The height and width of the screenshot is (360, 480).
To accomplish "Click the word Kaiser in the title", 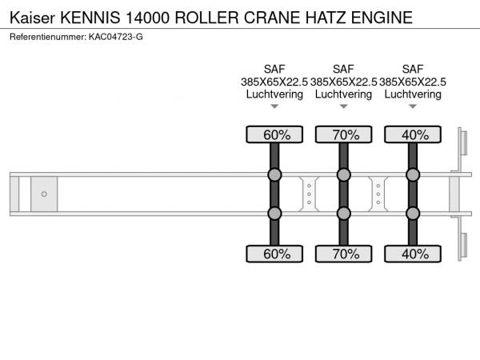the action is (32, 18).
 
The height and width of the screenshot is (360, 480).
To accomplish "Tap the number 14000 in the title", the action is (147, 18).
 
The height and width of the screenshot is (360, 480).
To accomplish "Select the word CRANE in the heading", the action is (272, 18).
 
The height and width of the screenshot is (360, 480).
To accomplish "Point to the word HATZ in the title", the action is (326, 18).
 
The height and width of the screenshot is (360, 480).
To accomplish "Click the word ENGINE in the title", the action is (382, 18).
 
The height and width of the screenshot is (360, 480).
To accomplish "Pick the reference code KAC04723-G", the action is (116, 37).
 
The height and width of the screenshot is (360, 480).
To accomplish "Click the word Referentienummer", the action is (48, 37).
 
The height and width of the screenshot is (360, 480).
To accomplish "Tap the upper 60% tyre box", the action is (274, 134).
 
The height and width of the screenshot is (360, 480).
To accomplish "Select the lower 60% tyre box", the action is (274, 254).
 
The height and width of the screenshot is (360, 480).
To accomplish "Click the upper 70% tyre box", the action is (344, 134).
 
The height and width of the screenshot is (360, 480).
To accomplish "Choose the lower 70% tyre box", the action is (344, 254).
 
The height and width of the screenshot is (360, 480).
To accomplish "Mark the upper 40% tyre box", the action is (413, 134).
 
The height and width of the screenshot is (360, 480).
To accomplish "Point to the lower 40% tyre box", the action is (413, 254).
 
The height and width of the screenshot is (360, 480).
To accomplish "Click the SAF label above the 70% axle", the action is (343, 69).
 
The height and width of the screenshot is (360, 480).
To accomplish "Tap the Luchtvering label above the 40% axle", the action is (413, 94).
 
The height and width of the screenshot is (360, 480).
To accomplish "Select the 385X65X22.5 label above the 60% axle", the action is (274, 82).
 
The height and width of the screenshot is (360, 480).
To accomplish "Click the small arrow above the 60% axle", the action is (274, 106).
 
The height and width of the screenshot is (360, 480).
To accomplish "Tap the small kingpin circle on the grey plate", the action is (44, 194).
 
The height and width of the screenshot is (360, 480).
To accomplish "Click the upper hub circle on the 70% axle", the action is (344, 174).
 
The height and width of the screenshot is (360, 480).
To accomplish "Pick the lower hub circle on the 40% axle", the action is (413, 214).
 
